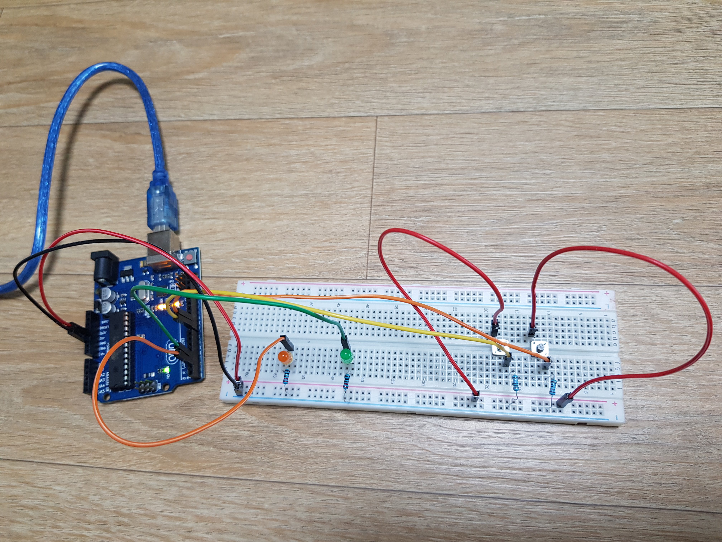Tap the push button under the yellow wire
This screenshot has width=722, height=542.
pos(500,348)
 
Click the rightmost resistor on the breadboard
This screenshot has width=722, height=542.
pos(553,388)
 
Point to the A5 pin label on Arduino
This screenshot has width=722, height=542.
pos(93,391)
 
